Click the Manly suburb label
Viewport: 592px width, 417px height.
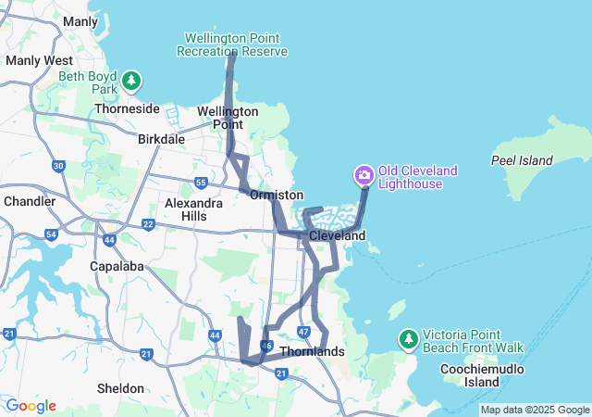point(80,21)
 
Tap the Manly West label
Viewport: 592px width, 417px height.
point(32,60)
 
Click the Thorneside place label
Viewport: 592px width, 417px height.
point(127,108)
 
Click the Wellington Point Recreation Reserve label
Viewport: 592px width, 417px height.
point(236,44)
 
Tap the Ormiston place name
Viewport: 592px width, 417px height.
point(277,196)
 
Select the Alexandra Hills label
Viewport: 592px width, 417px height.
point(193,209)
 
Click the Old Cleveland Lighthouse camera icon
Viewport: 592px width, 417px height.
point(364,174)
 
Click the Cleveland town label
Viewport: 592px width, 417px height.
point(337,236)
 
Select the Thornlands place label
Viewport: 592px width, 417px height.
point(312,352)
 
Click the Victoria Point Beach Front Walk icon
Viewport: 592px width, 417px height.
point(408,340)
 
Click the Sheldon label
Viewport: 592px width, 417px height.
point(120,388)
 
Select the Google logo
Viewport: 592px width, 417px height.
point(31,406)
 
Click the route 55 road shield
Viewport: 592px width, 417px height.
point(201,183)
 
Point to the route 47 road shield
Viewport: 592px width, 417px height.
point(303,332)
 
